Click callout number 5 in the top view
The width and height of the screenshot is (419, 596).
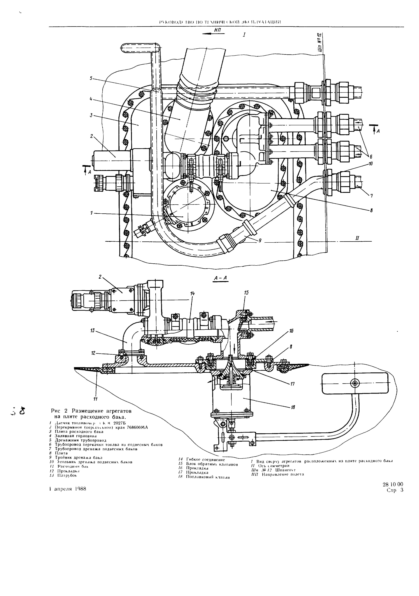[91, 78]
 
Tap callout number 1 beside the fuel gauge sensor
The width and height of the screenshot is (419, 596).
[91, 213]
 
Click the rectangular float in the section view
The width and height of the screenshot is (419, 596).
[355, 383]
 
